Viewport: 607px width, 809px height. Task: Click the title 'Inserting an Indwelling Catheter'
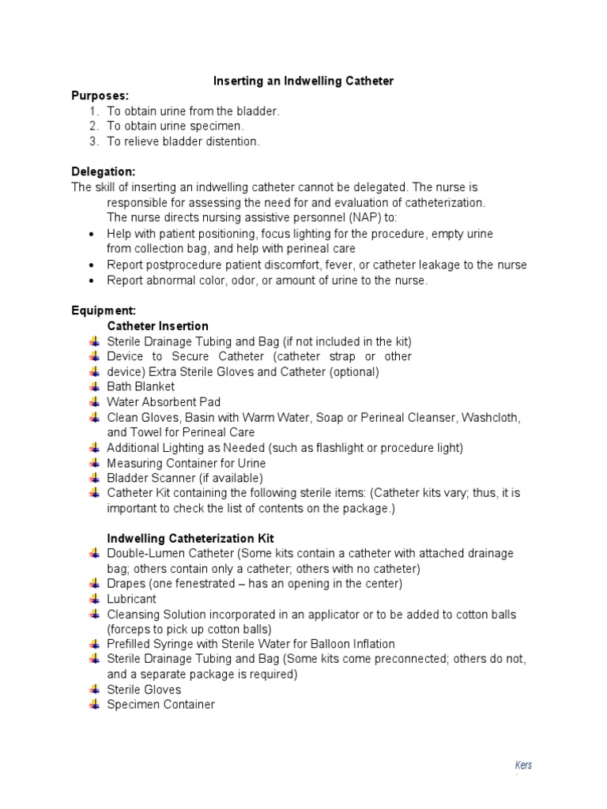tap(303, 81)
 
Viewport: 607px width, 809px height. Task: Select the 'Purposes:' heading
tap(100, 96)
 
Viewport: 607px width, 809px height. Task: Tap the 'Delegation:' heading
tap(104, 171)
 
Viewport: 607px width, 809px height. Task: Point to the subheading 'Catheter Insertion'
tap(158, 325)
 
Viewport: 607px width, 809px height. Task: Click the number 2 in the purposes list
tap(93, 126)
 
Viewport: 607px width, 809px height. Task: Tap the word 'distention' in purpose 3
tap(230, 141)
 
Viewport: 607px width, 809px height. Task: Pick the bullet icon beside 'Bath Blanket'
tap(95, 386)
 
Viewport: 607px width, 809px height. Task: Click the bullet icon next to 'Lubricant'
tap(95, 599)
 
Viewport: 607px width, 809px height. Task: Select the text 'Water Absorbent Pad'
tap(164, 402)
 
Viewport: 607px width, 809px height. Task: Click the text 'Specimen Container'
tap(160, 705)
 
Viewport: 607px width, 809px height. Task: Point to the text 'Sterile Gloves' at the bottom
tap(144, 690)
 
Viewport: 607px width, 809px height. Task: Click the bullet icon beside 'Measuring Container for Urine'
tap(95, 463)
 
